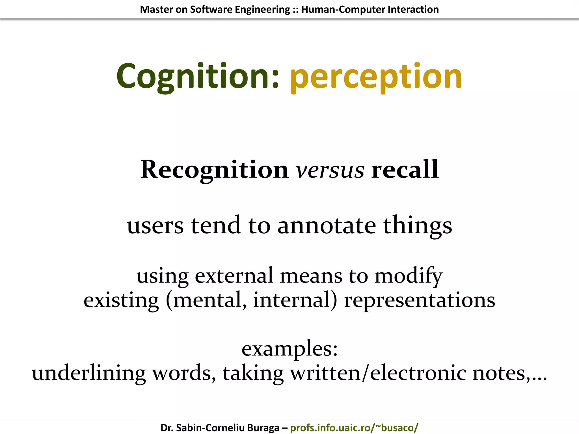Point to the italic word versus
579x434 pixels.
pos(330,170)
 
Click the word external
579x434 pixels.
pos(234,275)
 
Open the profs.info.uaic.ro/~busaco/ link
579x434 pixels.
pos(354,428)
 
